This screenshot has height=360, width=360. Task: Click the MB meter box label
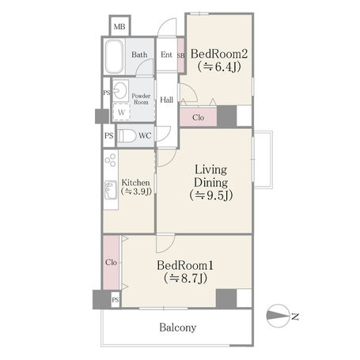point(119,27)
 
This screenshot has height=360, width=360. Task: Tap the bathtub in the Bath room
point(115,57)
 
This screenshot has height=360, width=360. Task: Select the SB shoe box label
point(181,55)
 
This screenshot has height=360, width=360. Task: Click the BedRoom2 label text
point(219,54)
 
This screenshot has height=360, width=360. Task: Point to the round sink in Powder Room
point(120,90)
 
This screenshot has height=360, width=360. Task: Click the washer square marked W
point(121,112)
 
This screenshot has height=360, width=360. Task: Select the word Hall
point(167,100)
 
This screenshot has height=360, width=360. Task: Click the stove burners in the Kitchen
point(111,160)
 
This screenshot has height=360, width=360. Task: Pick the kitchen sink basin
point(111,190)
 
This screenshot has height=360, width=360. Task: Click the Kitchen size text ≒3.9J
point(136,191)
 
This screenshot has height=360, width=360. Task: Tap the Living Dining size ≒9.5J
point(211,195)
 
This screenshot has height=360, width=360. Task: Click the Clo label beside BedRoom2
point(198,117)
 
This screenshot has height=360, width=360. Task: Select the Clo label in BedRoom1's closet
point(111,263)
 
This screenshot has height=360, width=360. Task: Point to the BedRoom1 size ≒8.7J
point(185,278)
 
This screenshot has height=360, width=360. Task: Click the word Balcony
point(178,328)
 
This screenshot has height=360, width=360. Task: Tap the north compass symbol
point(278,316)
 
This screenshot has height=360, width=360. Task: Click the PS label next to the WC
point(109,136)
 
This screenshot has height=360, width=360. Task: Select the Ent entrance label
point(166,55)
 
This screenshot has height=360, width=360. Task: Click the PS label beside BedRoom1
point(116,300)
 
